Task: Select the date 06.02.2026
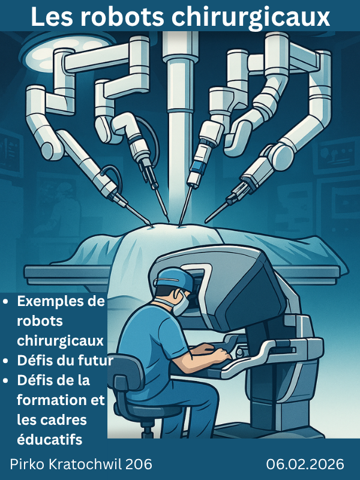[x=305, y=464]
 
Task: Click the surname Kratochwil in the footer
[x=86, y=464]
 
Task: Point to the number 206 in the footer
[x=139, y=464]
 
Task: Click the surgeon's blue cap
[x=173, y=277]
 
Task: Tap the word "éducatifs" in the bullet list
[x=50, y=439]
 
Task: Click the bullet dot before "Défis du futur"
[x=5, y=361]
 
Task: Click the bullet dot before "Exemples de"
[x=5, y=302]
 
